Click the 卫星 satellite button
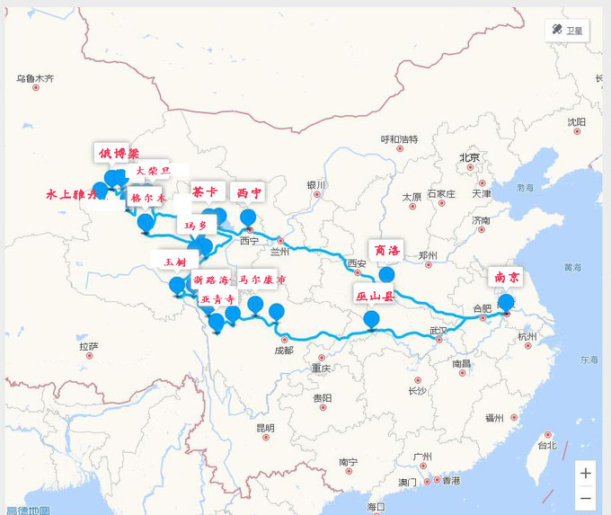click(567, 30)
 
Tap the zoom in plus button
click(586, 473)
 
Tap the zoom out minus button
click(586, 497)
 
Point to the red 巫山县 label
click(375, 295)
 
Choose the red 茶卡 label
click(204, 192)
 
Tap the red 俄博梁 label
click(119, 153)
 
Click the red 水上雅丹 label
click(70, 193)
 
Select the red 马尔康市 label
click(262, 280)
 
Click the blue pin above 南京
click(507, 302)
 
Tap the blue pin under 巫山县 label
click(370, 318)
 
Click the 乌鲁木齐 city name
click(35, 79)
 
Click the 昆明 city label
click(265, 428)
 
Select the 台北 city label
click(546, 445)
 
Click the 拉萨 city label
click(87, 346)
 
